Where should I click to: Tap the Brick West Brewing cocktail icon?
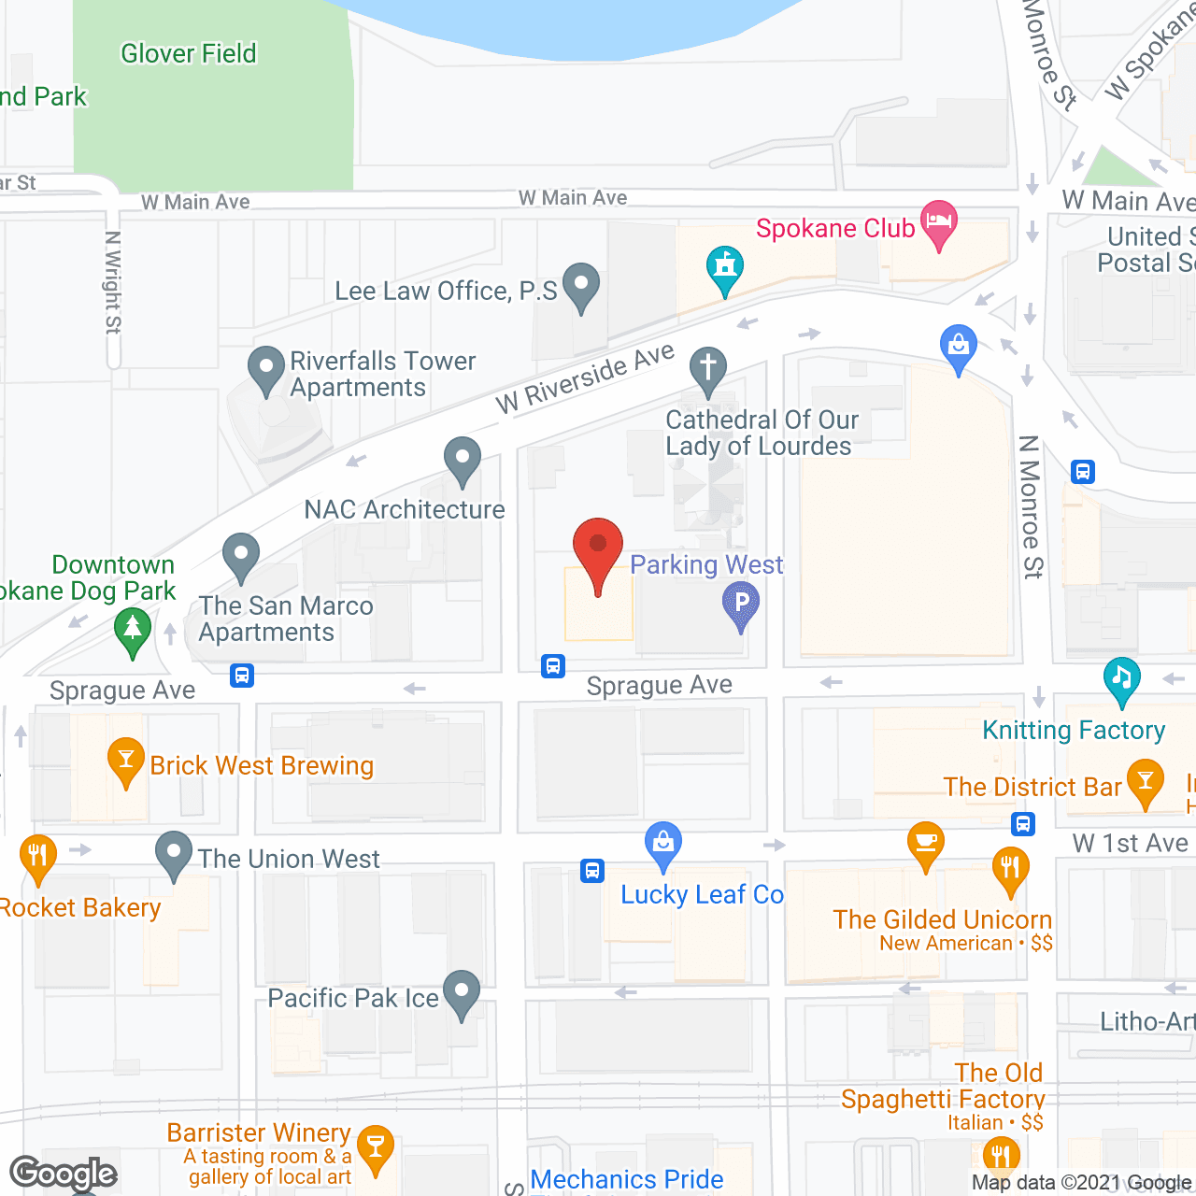pos(126,760)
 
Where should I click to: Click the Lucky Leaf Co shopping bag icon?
pos(662,845)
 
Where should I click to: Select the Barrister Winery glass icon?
pos(375,1146)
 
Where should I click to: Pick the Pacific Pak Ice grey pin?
pos(462,992)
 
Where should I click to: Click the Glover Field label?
pos(189,54)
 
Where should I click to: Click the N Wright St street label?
pos(113,282)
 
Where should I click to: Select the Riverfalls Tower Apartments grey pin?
pos(266,369)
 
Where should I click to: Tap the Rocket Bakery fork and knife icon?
pos(38,856)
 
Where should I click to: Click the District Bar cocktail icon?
pos(1145,782)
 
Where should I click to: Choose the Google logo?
pos(64,1173)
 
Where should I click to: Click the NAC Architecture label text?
pos(405,509)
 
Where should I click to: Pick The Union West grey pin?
pos(174,853)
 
